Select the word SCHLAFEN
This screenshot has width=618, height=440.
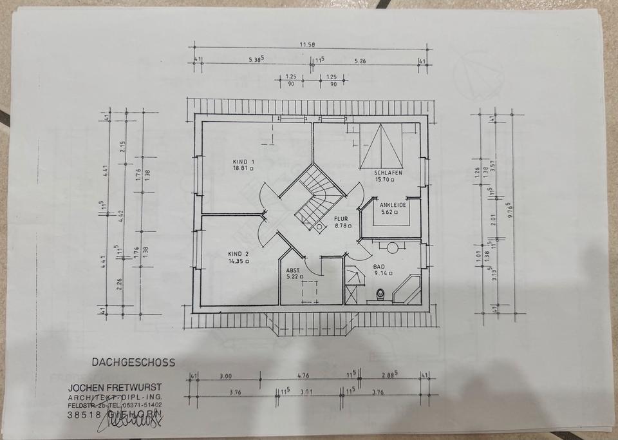(x=388, y=173)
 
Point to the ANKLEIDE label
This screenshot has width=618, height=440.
(x=393, y=204)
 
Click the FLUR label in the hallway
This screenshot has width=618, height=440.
(x=341, y=218)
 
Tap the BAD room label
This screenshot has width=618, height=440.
(x=379, y=265)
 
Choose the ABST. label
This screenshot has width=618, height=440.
(x=294, y=270)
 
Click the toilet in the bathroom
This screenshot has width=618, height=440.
(x=382, y=295)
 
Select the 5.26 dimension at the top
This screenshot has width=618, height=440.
(x=360, y=61)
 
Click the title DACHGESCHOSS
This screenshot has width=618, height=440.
(x=133, y=363)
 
